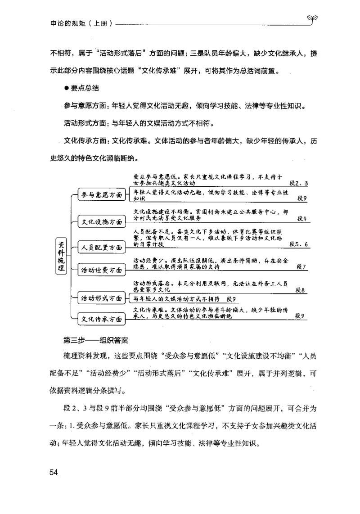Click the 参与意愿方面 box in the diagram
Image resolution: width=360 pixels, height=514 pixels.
[101, 195]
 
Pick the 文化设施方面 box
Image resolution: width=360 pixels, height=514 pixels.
[101, 221]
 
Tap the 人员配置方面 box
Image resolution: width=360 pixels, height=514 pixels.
[101, 247]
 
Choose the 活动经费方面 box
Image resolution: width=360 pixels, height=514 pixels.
[101, 270]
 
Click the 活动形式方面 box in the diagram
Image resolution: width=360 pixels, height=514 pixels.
[101, 298]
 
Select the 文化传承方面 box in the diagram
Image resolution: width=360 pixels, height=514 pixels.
[101, 319]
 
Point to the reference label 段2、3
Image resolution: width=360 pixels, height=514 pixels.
[299, 184]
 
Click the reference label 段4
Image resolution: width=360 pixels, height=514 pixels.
[302, 219]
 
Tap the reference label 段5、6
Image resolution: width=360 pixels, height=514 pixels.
[299, 244]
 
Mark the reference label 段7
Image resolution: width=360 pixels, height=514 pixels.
[302, 267]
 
